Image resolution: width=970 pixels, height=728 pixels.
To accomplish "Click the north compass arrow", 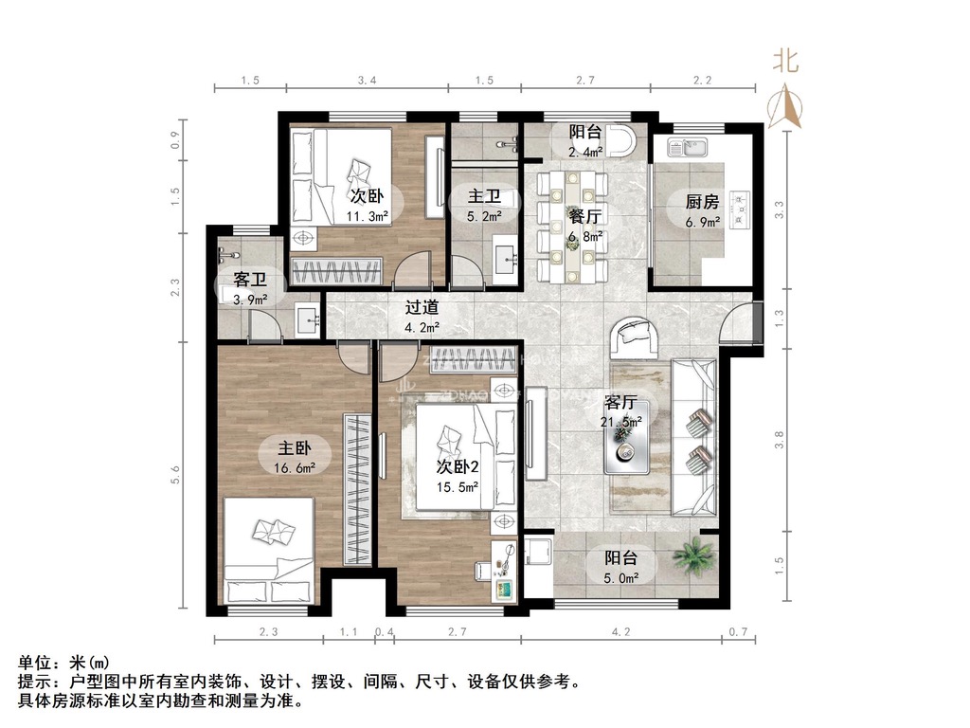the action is pyautogui.click(x=785, y=106).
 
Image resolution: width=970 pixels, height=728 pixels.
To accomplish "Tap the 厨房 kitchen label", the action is pyautogui.click(x=702, y=202).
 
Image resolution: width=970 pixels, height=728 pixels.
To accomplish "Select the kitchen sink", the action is pyautogui.click(x=688, y=147).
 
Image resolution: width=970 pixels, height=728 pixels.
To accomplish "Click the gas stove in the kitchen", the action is pyautogui.click(x=740, y=209).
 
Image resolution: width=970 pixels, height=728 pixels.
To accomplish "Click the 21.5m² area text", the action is pyautogui.click(x=621, y=422).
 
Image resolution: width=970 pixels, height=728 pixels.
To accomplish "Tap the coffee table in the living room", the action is pyautogui.click(x=627, y=438).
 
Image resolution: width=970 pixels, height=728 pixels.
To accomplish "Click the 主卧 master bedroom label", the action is pyautogui.click(x=295, y=447).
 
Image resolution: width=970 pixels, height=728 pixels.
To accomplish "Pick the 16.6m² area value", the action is pyautogui.click(x=296, y=468).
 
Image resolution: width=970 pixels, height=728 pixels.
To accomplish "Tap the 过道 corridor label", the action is pyautogui.click(x=422, y=307).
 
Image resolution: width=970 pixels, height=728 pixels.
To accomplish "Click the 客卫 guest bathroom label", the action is pyautogui.click(x=250, y=280).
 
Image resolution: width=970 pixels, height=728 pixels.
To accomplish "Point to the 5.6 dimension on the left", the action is pyautogui.click(x=175, y=475).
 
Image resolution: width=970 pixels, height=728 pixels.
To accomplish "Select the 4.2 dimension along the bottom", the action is pyautogui.click(x=621, y=631).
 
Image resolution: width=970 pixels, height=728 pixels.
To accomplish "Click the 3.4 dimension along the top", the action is pyautogui.click(x=368, y=80).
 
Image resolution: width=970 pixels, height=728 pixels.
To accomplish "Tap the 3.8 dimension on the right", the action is pyautogui.click(x=779, y=440).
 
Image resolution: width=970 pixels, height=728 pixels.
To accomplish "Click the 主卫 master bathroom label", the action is pyautogui.click(x=484, y=196).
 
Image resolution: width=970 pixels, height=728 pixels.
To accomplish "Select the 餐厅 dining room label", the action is pyautogui.click(x=585, y=216).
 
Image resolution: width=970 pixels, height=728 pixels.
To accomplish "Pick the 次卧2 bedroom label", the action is pyautogui.click(x=458, y=466).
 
